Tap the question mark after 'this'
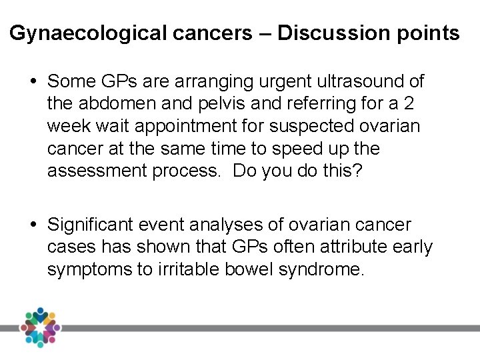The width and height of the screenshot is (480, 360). tap(358, 170)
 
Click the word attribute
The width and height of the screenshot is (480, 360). tap(342, 247)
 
